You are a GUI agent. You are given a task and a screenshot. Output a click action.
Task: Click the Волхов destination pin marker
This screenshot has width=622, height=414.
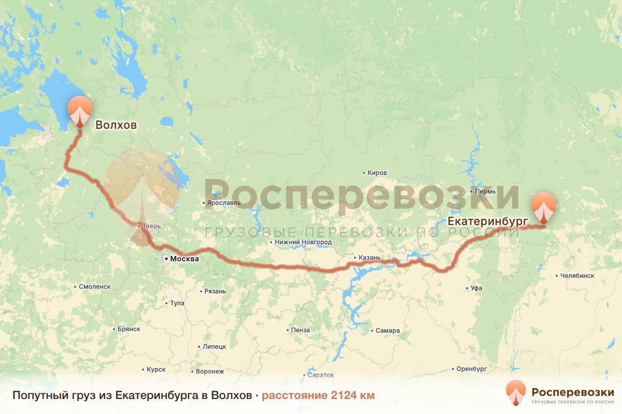click(80, 110)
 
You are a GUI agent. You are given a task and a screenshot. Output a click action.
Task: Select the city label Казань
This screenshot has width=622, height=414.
click(369, 258)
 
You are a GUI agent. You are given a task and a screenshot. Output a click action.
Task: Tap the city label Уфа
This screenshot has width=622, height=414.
click(476, 288)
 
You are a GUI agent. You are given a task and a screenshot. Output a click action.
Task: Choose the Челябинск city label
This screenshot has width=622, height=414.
click(577, 276)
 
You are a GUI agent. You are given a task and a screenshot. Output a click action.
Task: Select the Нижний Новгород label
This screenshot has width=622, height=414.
click(303, 242)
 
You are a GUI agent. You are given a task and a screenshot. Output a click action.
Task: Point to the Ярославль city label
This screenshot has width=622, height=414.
click(223, 203)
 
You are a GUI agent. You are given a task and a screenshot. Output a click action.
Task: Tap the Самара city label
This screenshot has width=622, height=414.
click(387, 331)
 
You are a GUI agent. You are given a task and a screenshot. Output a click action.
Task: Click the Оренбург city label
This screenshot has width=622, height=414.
click(471, 369)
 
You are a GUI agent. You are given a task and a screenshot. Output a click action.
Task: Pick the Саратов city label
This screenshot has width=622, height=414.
click(320, 375)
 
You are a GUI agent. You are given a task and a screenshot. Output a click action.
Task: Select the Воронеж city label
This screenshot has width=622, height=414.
click(209, 372)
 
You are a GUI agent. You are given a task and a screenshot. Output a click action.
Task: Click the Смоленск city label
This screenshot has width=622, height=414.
click(95, 286)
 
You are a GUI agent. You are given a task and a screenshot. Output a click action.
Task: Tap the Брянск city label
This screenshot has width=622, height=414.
click(129, 329)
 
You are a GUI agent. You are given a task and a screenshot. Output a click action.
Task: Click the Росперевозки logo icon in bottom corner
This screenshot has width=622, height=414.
click(515, 393)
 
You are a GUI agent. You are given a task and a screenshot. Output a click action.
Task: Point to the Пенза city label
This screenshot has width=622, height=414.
click(300, 330)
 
